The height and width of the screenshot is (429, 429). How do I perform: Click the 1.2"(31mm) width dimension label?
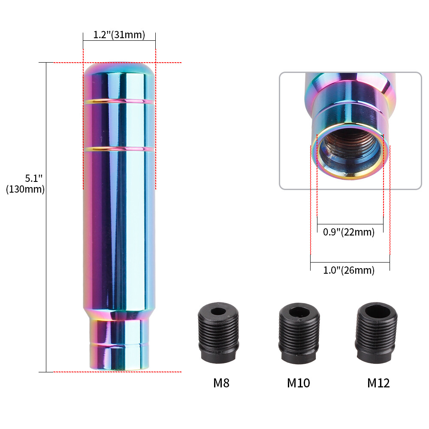pyautogui.click(x=119, y=35)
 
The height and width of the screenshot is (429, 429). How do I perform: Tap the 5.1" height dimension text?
pyautogui.click(x=33, y=178)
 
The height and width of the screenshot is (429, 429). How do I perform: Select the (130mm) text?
pyautogui.click(x=25, y=189)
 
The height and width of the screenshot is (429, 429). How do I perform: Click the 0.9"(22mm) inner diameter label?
pyautogui.click(x=348, y=232)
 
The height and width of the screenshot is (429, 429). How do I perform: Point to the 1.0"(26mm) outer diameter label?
pyautogui.click(x=348, y=270)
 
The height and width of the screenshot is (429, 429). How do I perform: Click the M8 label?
pyautogui.click(x=221, y=383)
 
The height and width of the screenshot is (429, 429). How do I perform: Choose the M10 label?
pyautogui.click(x=298, y=383)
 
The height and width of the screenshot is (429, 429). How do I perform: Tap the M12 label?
pyautogui.click(x=378, y=383)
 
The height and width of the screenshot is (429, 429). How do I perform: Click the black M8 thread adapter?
pyautogui.click(x=218, y=333)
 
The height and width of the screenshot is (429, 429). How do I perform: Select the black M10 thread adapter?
pyautogui.click(x=299, y=333)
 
